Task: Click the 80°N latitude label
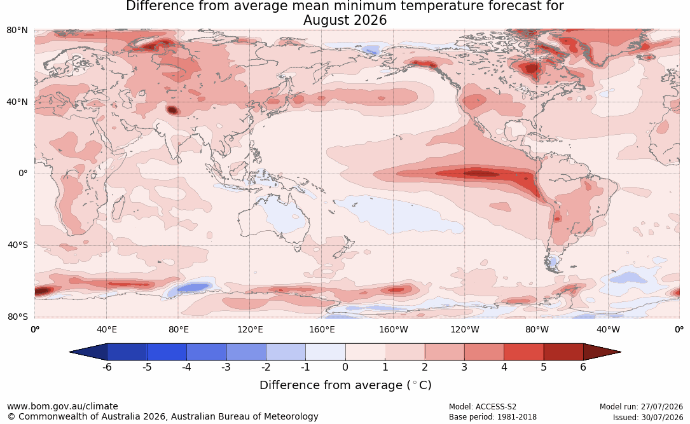[17, 31]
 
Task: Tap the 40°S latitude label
[17, 245]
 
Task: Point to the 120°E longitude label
[250, 329]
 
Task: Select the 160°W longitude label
[394, 329]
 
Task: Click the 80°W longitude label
[537, 329]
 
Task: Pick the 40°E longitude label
[106, 329]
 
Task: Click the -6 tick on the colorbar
[107, 367]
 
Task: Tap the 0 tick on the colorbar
[345, 367]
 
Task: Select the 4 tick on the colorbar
[504, 367]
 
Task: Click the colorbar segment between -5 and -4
[167, 352]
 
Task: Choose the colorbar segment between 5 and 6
[563, 352]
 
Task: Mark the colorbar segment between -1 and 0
[326, 352]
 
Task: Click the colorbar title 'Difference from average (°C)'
[345, 385]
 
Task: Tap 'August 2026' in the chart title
[345, 20]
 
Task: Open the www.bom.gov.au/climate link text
[62, 406]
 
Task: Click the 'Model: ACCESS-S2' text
[483, 407]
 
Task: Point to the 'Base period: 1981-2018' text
[493, 417]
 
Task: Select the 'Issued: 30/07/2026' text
[648, 417]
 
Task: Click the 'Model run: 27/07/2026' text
[641, 407]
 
